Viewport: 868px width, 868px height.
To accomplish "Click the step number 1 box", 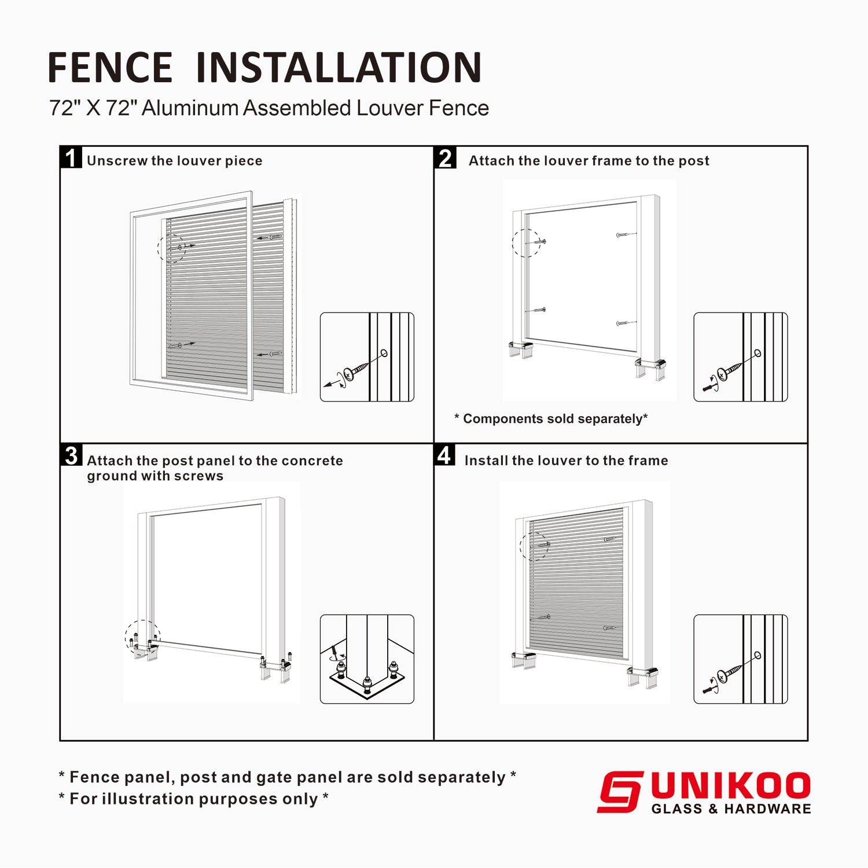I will [x=71, y=157].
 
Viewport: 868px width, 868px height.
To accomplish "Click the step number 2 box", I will [x=445, y=157].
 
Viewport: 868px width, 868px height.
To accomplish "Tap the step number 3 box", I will [x=71, y=455].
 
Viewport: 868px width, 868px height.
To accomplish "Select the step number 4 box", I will [x=444, y=455].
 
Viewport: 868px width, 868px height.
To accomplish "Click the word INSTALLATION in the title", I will [x=339, y=68].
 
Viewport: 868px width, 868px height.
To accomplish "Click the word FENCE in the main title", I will [x=110, y=68].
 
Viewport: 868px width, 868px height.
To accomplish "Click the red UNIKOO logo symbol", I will [x=620, y=792].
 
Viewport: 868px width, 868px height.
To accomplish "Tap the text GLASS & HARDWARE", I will [x=731, y=809].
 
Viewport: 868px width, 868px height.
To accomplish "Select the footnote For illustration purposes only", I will [x=194, y=799].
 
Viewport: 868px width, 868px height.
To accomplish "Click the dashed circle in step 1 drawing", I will [x=172, y=248].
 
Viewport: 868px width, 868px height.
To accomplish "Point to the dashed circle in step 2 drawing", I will [x=527, y=243].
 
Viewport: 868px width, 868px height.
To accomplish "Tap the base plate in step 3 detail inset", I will [x=367, y=686].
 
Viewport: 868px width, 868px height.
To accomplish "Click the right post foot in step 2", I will [x=651, y=367].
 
